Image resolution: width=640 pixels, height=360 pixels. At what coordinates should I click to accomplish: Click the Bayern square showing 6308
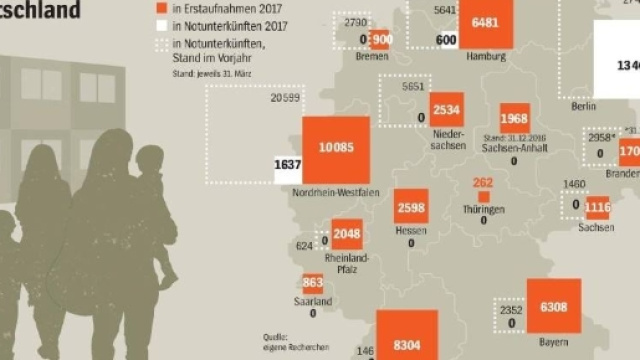click(x=553, y=308)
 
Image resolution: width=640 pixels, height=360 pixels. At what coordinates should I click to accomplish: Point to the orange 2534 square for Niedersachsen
click(x=446, y=109)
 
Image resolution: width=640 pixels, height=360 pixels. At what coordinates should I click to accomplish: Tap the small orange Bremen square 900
click(x=380, y=40)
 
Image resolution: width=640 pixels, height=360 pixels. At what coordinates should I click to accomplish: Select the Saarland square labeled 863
click(x=313, y=283)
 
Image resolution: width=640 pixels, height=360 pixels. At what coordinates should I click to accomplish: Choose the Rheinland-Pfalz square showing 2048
click(x=347, y=234)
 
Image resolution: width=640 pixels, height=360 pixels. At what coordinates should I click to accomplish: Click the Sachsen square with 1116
click(x=598, y=208)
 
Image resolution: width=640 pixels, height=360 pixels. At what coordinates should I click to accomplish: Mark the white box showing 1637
click(x=288, y=166)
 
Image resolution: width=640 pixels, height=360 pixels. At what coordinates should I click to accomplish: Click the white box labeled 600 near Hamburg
click(x=448, y=39)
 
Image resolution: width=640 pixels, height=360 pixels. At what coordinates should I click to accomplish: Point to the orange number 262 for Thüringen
click(x=484, y=183)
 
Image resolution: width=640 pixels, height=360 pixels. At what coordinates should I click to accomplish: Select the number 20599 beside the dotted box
click(x=286, y=97)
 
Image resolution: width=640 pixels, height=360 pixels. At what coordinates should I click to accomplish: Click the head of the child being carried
click(x=150, y=160)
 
